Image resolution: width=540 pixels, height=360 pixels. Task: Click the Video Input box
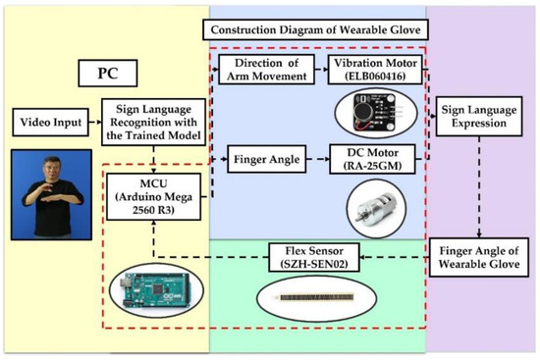[x=48, y=124]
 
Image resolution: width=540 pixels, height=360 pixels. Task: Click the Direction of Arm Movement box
[x=264, y=69]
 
